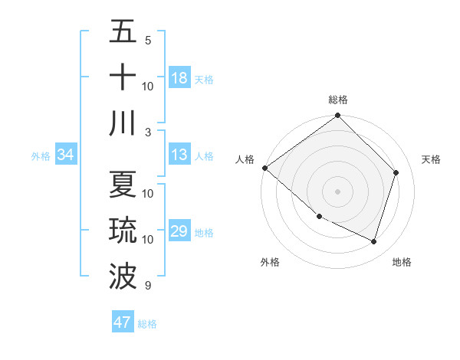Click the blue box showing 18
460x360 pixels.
coord(179,78)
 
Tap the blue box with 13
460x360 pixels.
coord(179,155)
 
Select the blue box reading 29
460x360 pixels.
coord(179,232)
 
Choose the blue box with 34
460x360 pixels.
coord(65,155)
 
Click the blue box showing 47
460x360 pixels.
coord(123,322)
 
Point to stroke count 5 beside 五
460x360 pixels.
coord(148,40)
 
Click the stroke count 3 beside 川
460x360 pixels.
coord(148,132)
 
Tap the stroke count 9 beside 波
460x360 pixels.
coord(148,286)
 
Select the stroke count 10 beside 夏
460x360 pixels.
coord(149,193)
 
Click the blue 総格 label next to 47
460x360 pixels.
coord(147,324)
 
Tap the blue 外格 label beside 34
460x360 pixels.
coord(41,156)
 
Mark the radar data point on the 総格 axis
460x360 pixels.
coord(337,116)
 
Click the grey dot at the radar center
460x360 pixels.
coord(337,191)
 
